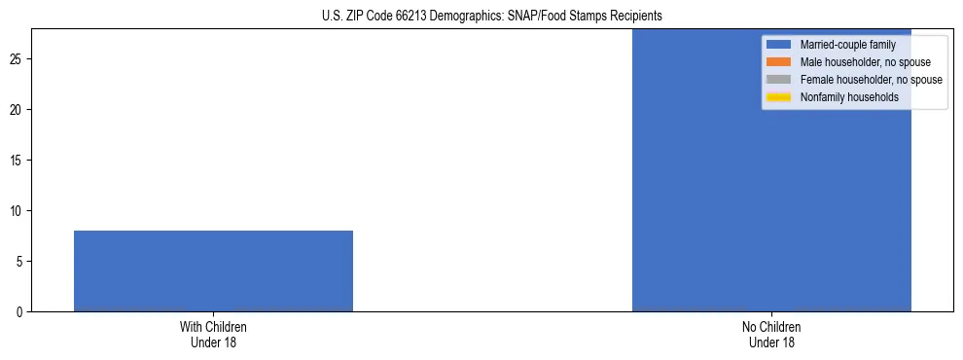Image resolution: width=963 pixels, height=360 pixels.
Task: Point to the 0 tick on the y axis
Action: coord(20,312)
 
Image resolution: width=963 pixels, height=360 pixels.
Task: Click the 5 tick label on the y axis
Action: coord(20,262)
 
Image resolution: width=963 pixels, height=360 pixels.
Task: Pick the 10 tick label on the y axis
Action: coord(18,211)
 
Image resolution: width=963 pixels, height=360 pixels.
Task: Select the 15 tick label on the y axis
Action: coord(18,161)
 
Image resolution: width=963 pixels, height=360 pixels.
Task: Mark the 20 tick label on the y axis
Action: coord(18,110)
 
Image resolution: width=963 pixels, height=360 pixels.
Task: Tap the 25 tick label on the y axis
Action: coord(18,59)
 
